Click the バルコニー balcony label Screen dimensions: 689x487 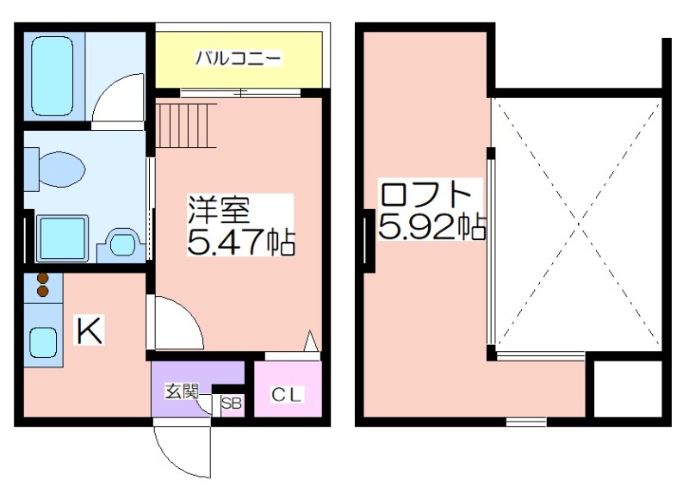click(238, 58)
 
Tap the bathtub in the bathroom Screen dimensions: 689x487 click(53, 76)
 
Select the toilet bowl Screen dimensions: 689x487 click(62, 169)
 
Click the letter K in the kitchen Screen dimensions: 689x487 click(90, 330)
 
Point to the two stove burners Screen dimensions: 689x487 click(42, 285)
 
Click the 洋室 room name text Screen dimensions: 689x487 click(219, 210)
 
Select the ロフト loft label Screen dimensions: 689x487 click(425, 194)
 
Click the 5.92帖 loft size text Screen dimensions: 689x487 click(431, 226)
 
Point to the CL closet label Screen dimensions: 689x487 click(286, 395)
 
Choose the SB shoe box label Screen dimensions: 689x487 click(231, 404)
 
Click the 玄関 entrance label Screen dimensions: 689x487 click(182, 391)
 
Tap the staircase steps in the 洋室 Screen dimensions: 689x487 click(186, 126)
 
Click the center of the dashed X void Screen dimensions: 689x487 click(579, 224)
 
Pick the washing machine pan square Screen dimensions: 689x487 click(62, 238)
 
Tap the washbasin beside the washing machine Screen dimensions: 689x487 click(121, 245)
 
